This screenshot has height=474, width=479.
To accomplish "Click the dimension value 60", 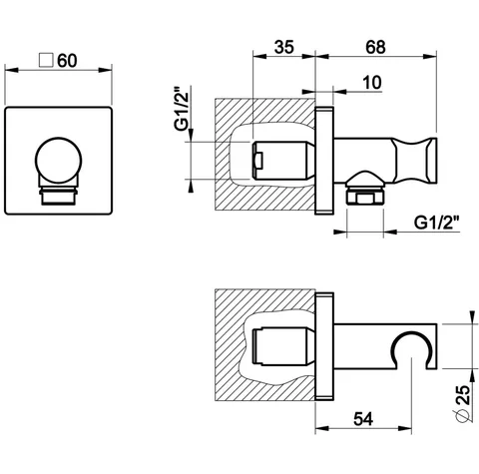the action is [x=67, y=61].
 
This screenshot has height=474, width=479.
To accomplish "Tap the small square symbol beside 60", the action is [x=46, y=60].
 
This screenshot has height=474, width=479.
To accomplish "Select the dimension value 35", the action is [x=284, y=47].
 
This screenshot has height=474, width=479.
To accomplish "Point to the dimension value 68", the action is [x=375, y=47].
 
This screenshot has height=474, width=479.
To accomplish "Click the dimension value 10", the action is [x=372, y=83].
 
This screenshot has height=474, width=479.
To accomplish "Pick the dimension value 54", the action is [x=363, y=419].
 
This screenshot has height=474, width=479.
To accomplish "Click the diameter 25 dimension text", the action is [x=463, y=403].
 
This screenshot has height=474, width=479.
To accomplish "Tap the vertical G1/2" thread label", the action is [x=182, y=109].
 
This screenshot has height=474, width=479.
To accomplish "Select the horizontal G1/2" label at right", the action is [x=437, y=223].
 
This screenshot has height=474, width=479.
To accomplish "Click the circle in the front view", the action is [x=59, y=161].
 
